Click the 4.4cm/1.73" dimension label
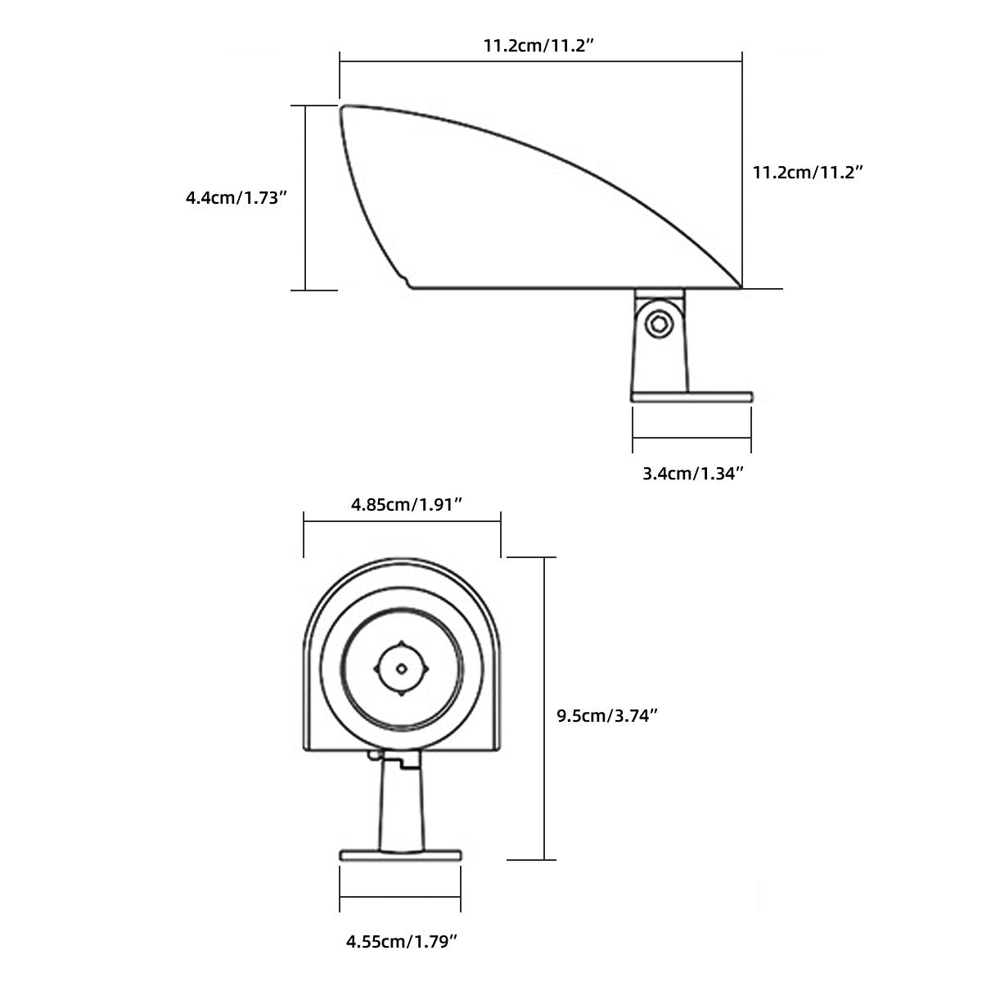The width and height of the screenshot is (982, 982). (236, 197)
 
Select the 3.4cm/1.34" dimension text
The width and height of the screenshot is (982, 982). (692, 473)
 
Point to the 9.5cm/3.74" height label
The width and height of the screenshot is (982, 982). (608, 716)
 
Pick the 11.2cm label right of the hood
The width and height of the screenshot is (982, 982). (808, 173)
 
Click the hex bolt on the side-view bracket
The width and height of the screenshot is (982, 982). (659, 324)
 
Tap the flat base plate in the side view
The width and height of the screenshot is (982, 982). (691, 396)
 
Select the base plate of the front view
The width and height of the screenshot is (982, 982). (400, 855)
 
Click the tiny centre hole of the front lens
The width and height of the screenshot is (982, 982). (401, 669)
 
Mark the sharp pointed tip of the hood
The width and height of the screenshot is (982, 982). (741, 286)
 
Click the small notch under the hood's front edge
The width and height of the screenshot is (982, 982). (407, 282)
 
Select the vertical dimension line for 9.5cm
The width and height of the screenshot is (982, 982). (544, 708)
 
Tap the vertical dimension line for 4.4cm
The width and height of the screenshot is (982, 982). (306, 197)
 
